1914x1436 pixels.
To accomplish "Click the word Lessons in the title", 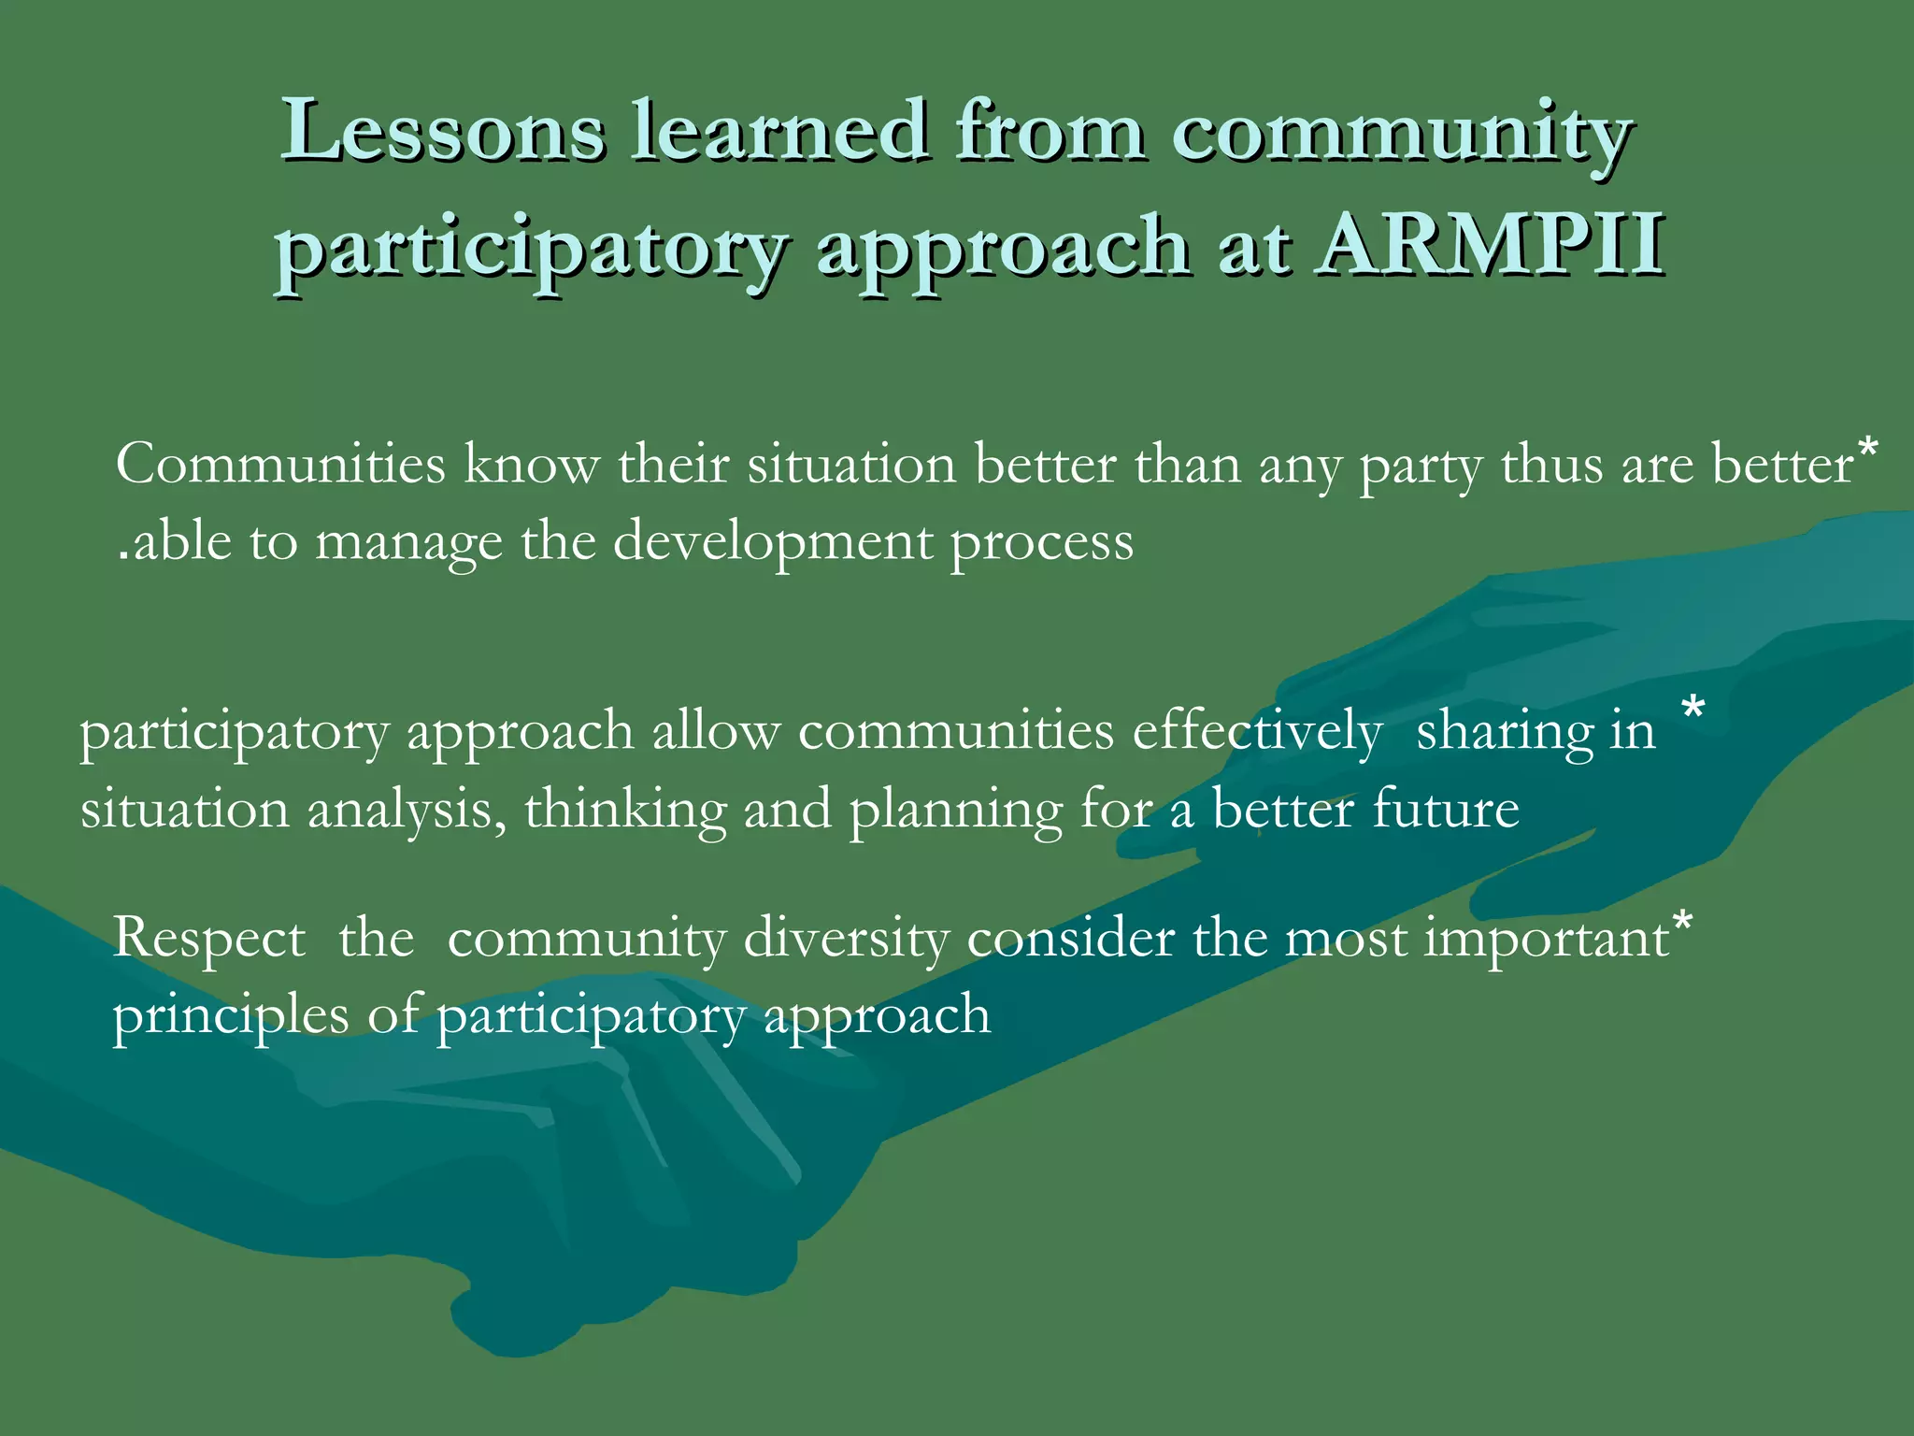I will (443, 131).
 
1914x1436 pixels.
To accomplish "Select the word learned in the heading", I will (779, 131).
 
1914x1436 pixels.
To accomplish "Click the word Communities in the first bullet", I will (280, 464).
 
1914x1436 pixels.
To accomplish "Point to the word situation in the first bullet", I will (851, 464).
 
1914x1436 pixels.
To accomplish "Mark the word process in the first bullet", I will (1042, 543).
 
